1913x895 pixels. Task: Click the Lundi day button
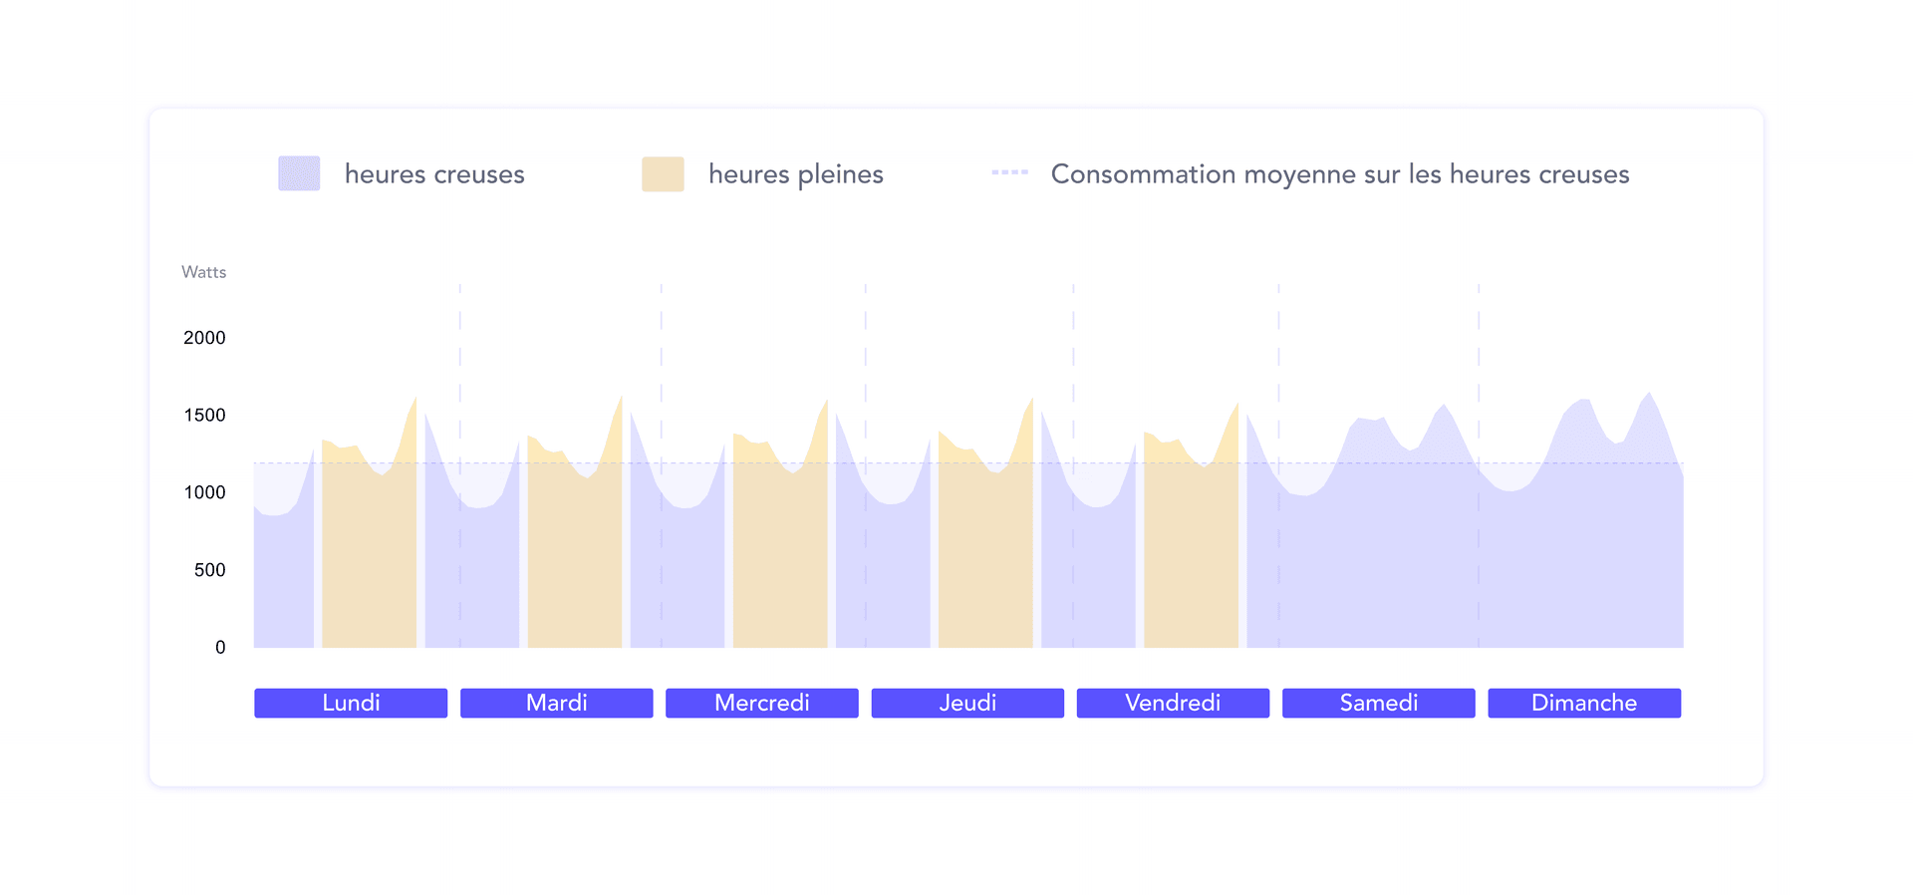tap(351, 703)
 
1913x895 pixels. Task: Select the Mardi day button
tap(556, 703)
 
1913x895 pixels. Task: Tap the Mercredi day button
tap(762, 703)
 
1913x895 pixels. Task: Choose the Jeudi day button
tap(967, 703)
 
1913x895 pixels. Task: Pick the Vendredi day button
tap(1173, 703)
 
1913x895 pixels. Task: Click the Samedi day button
tap(1378, 703)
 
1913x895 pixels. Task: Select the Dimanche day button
tap(1584, 703)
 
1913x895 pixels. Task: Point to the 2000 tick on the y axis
tap(204, 338)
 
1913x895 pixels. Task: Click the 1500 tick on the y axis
tap(204, 415)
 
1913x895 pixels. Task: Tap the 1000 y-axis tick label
tap(204, 492)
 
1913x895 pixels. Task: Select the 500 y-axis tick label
tap(209, 570)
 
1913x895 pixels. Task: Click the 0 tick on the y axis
tap(220, 648)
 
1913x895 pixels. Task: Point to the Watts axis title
tap(203, 272)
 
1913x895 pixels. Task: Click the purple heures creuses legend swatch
tap(299, 173)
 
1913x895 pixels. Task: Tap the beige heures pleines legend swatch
tap(663, 173)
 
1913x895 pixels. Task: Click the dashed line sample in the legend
tap(1009, 172)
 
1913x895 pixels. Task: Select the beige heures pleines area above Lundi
tap(369, 558)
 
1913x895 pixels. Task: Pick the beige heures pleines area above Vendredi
tap(1191, 558)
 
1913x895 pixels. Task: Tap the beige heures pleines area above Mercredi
tap(780, 558)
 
